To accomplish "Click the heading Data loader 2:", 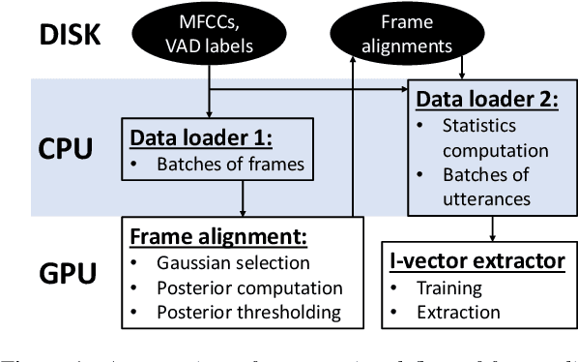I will pyautogui.click(x=481, y=101).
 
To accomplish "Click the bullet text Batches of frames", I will pyautogui.click(x=231, y=165).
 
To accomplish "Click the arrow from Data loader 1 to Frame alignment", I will pyautogui.click(x=241, y=198).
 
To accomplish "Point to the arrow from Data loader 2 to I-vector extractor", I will pyautogui.click(x=494, y=229).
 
